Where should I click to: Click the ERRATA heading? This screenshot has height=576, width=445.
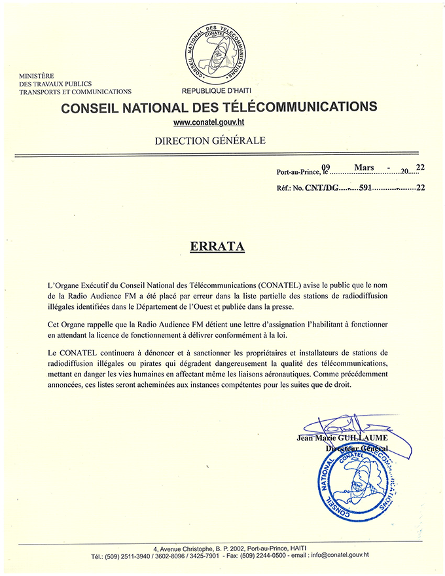coord(217,247)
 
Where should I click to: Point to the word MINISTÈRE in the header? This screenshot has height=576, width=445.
coord(36,76)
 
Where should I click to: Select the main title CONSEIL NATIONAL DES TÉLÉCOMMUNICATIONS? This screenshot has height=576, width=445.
coord(219,107)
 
